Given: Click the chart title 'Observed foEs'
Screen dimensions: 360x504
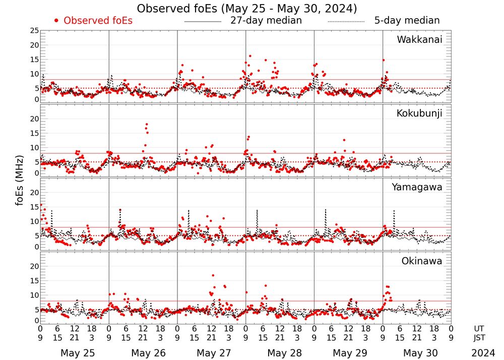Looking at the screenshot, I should (x=247, y=9).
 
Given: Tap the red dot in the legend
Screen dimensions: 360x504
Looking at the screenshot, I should (x=56, y=21).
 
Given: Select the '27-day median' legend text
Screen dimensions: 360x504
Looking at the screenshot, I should (x=266, y=21).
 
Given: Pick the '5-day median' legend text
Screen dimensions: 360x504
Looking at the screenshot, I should (x=407, y=21).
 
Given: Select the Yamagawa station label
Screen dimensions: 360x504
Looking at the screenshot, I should (x=417, y=187).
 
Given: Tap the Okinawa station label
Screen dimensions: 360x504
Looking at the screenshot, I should (x=422, y=261).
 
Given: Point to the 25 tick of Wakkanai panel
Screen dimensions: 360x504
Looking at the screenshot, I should (x=34, y=31).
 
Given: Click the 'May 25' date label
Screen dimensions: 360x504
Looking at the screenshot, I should (x=78, y=353).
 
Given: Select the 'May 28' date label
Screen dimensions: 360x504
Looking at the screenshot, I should (x=284, y=353).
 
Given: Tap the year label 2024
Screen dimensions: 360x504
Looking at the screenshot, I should (x=483, y=353).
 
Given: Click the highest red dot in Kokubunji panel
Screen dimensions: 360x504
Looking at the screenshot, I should (x=147, y=124).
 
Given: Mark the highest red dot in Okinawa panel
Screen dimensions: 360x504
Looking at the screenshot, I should (x=213, y=275).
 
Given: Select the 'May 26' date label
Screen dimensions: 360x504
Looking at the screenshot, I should (x=148, y=353).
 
